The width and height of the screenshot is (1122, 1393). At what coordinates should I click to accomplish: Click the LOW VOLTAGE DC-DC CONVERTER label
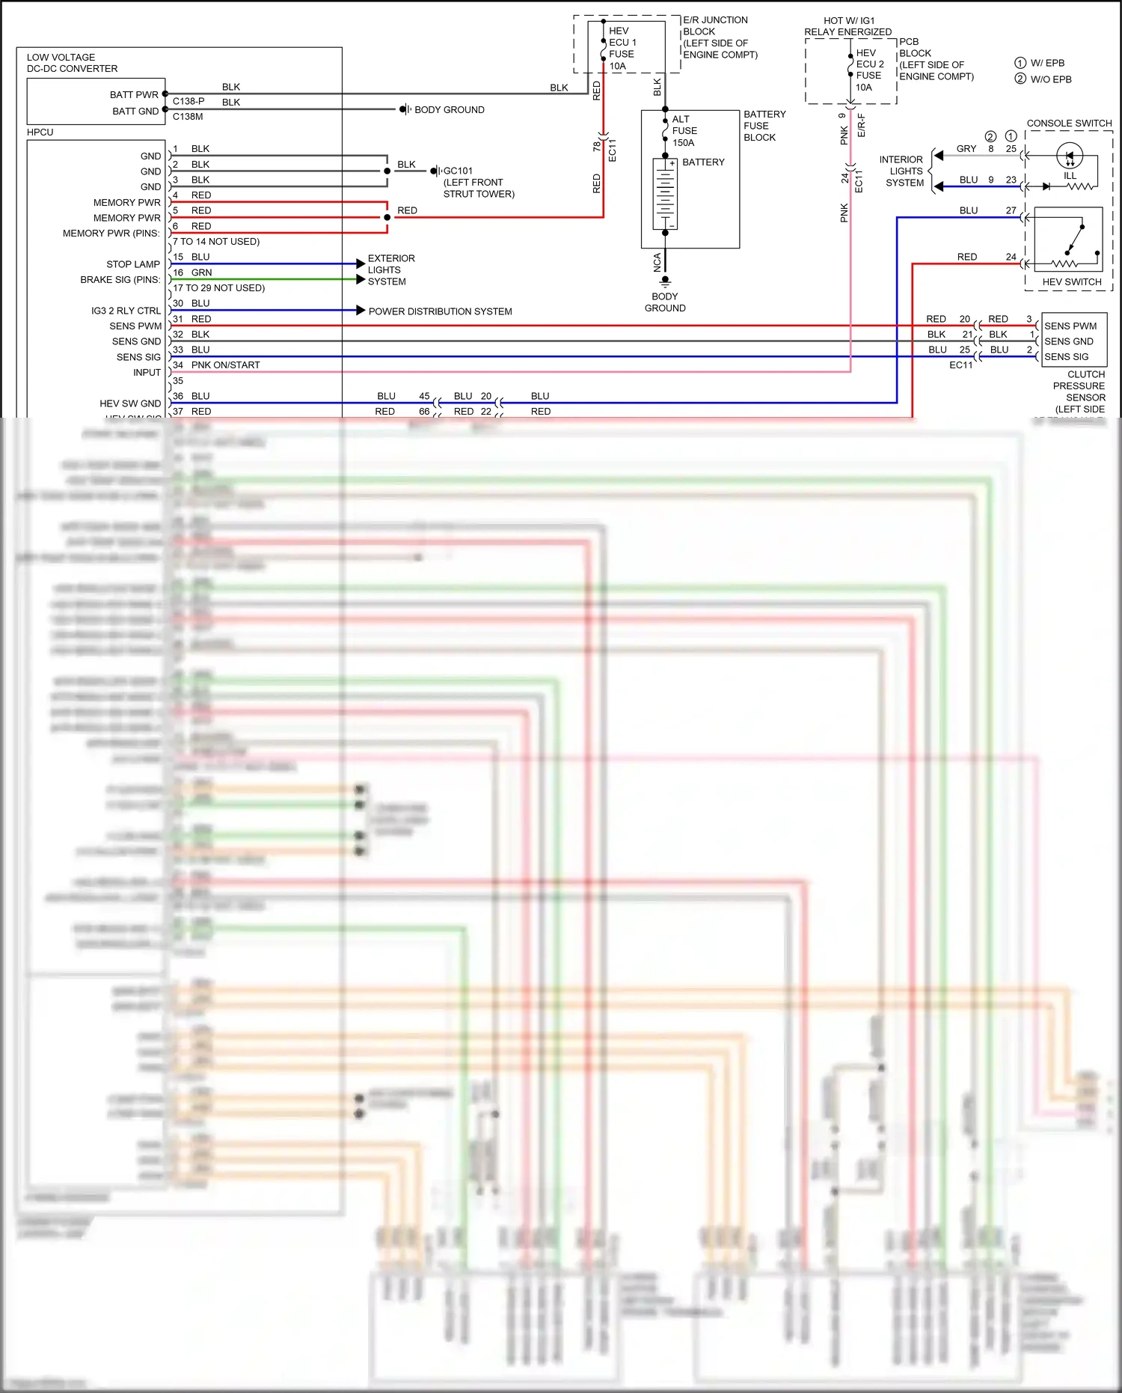coord(72,63)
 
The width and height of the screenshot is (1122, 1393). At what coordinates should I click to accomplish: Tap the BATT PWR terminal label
coord(134,95)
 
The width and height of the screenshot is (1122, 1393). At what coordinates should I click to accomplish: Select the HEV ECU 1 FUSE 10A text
coord(622,49)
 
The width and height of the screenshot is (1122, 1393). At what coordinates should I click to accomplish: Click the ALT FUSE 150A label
coord(684,131)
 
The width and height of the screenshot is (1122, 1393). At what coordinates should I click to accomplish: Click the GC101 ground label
coord(458,171)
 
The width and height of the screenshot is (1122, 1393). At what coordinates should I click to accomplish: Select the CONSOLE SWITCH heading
coord(1069,124)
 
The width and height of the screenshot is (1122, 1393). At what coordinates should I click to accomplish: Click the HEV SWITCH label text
coord(1072,282)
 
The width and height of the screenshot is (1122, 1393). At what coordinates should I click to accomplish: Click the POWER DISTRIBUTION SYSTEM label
coord(440,311)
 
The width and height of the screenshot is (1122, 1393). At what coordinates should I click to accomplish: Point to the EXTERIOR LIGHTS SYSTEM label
coord(390,270)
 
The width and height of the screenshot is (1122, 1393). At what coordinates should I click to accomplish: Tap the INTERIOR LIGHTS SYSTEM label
coord(903,171)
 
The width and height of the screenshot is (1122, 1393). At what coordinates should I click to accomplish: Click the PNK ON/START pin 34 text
coord(224,365)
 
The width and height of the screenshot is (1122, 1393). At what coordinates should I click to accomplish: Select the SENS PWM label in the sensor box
coord(1070,326)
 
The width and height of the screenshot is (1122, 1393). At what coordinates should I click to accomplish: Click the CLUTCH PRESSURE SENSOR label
coord(1080,386)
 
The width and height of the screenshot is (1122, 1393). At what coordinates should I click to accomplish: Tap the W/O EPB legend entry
coord(1050,79)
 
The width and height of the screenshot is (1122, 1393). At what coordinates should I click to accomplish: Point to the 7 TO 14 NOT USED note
coord(217,242)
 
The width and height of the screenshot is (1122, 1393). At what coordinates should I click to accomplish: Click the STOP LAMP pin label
coord(133,264)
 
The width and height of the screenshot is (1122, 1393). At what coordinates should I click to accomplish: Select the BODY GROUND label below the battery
coord(665,302)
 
